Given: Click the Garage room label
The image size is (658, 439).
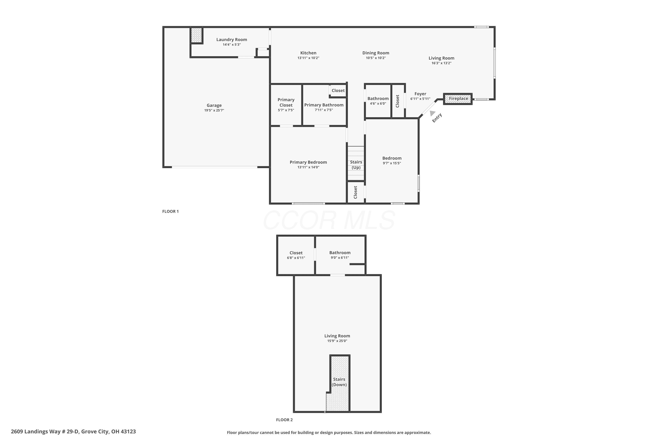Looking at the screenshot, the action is (x=214, y=105).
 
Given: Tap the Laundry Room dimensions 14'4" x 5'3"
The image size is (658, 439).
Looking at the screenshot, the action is (x=232, y=45).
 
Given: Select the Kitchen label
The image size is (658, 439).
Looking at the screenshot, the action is (x=308, y=53).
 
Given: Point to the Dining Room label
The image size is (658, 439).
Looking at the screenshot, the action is (x=376, y=53).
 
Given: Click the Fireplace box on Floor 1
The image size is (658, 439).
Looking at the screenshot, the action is (x=458, y=99).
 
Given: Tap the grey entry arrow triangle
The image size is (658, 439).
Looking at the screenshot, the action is (x=433, y=113).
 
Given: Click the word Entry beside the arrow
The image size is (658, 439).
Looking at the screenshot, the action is (x=437, y=118).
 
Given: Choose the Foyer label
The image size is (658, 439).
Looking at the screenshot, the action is (x=420, y=94).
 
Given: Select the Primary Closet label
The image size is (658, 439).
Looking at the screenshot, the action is (x=286, y=103).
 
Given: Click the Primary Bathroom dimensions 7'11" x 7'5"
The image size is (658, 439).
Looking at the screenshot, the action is (x=324, y=110).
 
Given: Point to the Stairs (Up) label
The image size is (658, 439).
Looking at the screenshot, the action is (x=356, y=165).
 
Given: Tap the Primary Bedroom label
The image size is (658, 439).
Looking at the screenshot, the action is (x=308, y=162).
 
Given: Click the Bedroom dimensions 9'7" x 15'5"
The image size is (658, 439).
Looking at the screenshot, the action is (x=392, y=163).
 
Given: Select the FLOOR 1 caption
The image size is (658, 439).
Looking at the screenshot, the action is (x=170, y=211).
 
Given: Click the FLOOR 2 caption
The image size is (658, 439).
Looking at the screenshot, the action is (x=284, y=420).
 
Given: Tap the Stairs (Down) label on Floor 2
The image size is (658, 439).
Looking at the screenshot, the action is (x=339, y=382).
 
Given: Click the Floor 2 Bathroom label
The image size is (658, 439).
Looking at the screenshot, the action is (x=340, y=253).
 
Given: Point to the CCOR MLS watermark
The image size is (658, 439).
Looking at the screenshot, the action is (x=329, y=220).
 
